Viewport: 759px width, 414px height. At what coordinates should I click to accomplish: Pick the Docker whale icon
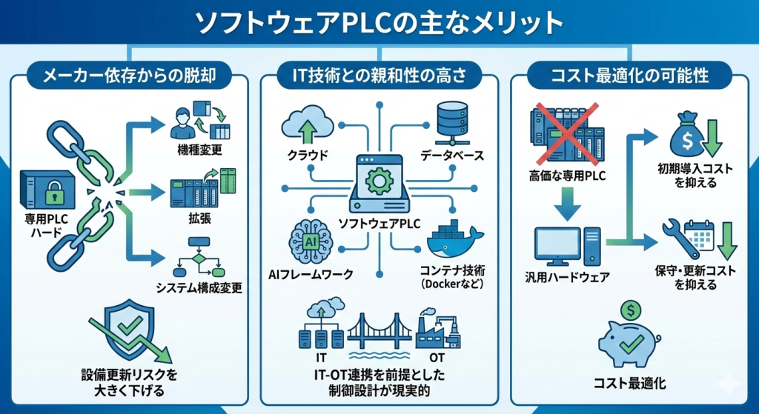click(x=454, y=238)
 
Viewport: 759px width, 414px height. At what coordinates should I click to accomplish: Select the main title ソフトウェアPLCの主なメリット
click(x=379, y=24)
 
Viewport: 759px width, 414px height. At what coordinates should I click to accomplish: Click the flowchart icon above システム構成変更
click(x=198, y=256)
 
